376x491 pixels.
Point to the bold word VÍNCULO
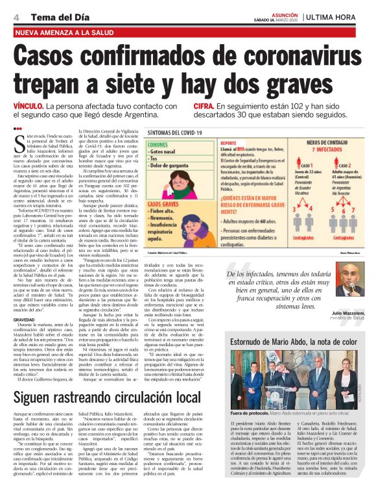(x=29, y=105)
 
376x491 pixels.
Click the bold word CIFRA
(x=202, y=105)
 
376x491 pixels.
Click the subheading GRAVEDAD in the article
(x=24, y=320)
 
